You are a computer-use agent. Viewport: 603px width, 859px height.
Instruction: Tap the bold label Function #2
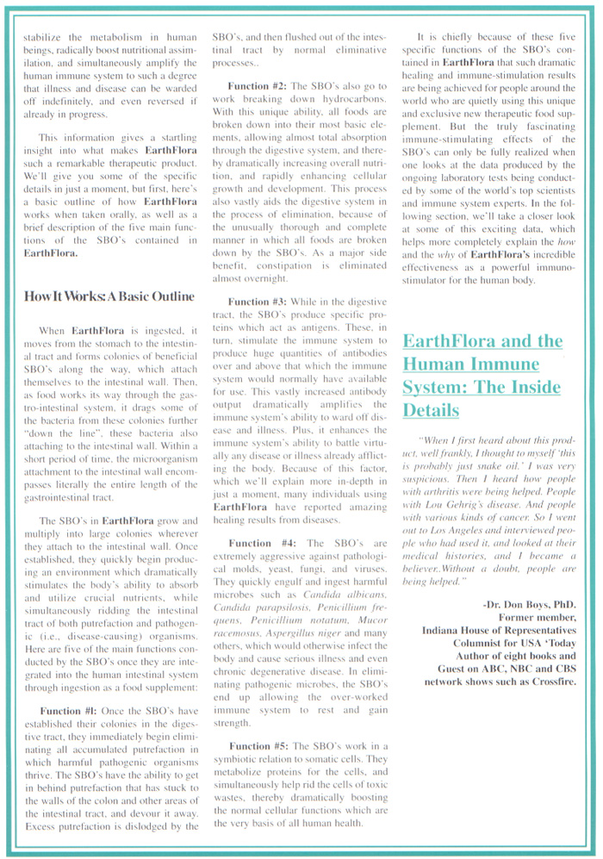pyautogui.click(x=258, y=86)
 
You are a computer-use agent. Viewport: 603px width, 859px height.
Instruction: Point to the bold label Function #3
pyautogui.click(x=258, y=302)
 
